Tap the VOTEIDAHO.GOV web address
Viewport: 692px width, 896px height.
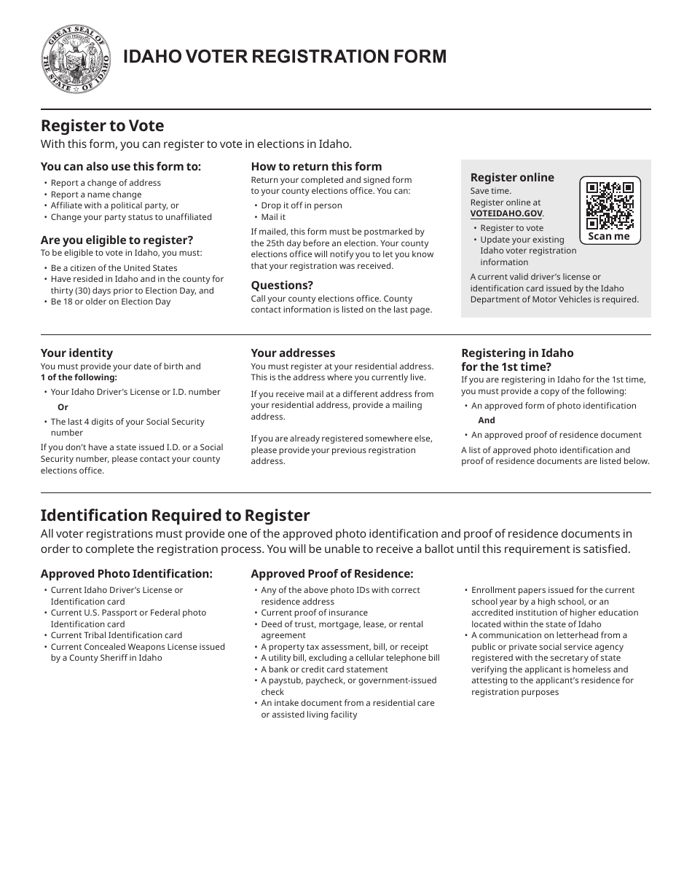tap(506, 213)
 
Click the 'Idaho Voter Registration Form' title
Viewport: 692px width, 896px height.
tap(285, 57)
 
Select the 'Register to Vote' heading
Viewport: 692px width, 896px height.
tap(102, 125)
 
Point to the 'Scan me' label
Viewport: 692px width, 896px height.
tap(609, 236)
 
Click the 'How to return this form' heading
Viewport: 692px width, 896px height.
tap(316, 166)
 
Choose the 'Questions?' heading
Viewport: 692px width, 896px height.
tap(282, 285)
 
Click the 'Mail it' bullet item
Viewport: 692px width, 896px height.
tap(273, 217)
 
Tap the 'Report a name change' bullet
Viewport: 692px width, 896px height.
tap(96, 194)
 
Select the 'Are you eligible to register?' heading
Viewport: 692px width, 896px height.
tap(117, 240)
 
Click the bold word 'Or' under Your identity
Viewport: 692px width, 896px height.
tap(63, 407)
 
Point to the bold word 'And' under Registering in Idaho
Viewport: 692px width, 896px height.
tap(487, 420)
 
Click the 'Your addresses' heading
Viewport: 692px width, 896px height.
tap(293, 353)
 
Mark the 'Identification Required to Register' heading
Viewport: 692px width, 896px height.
tap(175, 515)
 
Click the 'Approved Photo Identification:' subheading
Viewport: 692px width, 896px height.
tap(127, 573)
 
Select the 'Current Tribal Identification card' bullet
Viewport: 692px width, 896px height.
tap(117, 635)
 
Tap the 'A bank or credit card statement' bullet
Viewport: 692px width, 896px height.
tap(325, 669)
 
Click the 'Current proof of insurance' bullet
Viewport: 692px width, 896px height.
tap(315, 613)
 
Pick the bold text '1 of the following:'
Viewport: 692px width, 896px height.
tap(79, 377)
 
